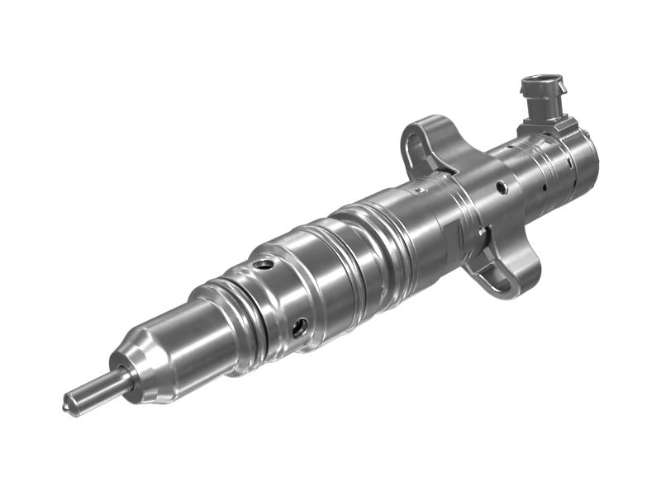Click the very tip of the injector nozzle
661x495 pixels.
(68, 404)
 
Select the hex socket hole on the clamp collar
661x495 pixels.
(502, 188)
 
